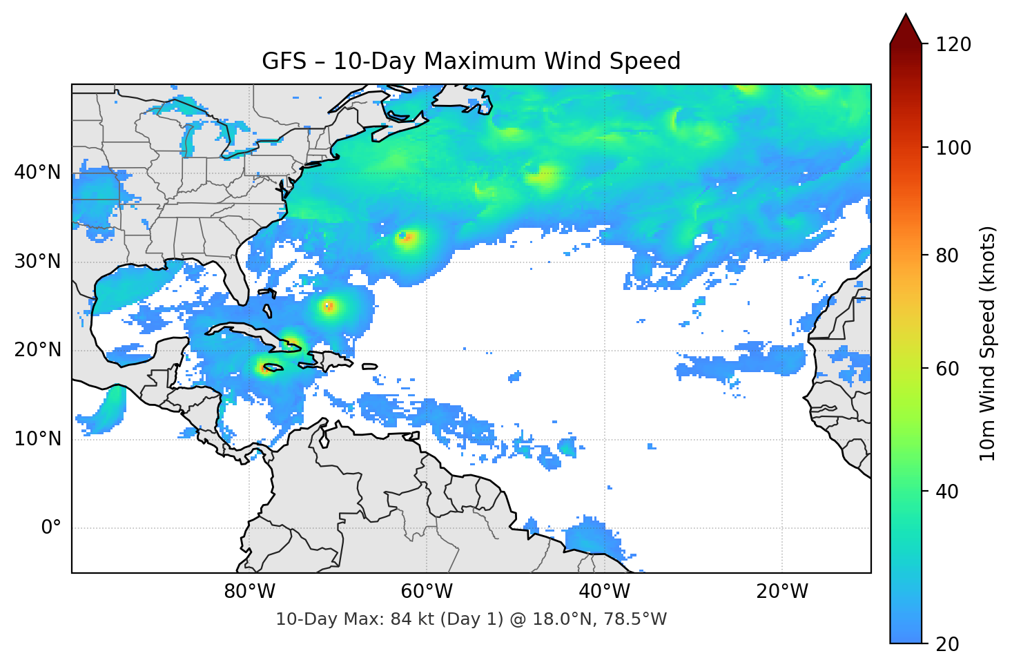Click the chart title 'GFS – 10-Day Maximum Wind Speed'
[471, 61]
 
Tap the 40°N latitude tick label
[37, 173]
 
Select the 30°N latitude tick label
[37, 262]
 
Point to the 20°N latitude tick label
[37, 350]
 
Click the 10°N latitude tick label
[37, 439]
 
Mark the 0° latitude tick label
[50, 528]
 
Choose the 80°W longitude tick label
[249, 592]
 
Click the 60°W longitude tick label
[427, 592]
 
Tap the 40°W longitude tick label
[604, 592]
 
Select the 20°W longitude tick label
[781, 592]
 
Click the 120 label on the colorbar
[953, 45]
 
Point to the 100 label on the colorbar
[953, 148]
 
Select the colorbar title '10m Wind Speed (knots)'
[988, 343]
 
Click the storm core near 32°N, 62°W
[407, 238]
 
